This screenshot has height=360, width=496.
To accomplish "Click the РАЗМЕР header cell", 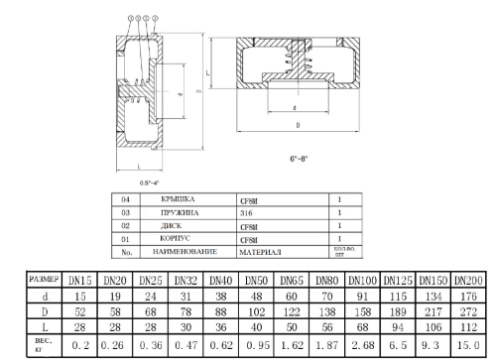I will click(47, 280).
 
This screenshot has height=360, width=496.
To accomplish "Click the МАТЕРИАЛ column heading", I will click(260, 253).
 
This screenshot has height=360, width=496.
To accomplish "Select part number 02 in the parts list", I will click(125, 226).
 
